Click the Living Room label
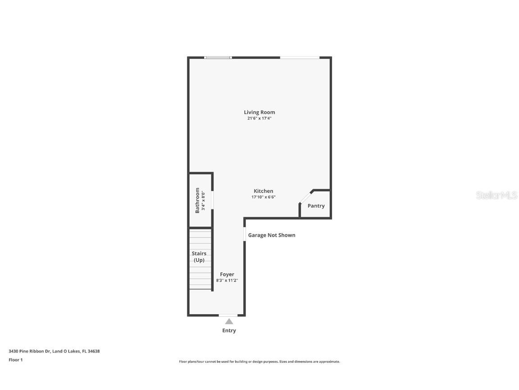(x=259, y=112)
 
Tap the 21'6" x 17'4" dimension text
(x=259, y=118)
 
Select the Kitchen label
(x=263, y=191)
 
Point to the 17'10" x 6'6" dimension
(x=263, y=197)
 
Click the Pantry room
(x=316, y=206)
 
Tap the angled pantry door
(x=306, y=197)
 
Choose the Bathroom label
(x=197, y=200)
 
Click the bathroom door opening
(x=212, y=200)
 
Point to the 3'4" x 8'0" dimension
(x=204, y=200)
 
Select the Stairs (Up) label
(x=199, y=257)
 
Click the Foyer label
(x=227, y=274)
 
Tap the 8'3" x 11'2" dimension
(x=227, y=280)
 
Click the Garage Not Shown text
(x=272, y=235)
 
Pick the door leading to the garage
(x=245, y=234)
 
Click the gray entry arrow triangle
(x=229, y=321)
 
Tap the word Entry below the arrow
(x=229, y=330)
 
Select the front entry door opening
(x=228, y=315)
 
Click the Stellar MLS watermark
(x=496, y=195)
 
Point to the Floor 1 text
(x=15, y=360)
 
